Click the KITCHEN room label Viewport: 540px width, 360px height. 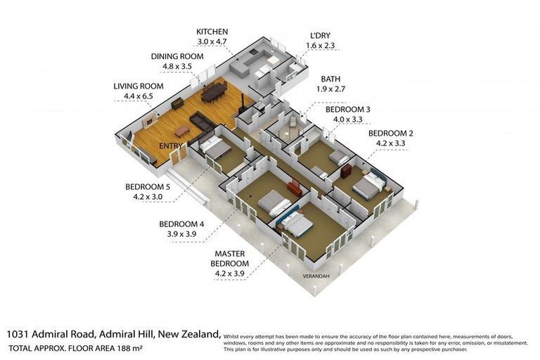click(x=212, y=32)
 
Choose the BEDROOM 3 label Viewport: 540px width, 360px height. click(x=347, y=110)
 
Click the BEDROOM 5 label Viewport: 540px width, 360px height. click(x=148, y=186)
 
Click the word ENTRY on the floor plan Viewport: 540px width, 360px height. click(x=171, y=146)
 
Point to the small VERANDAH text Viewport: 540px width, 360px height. click(x=314, y=276)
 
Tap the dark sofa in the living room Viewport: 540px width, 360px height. click(x=203, y=122)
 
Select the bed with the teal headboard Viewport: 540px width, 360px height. click(x=295, y=224)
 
